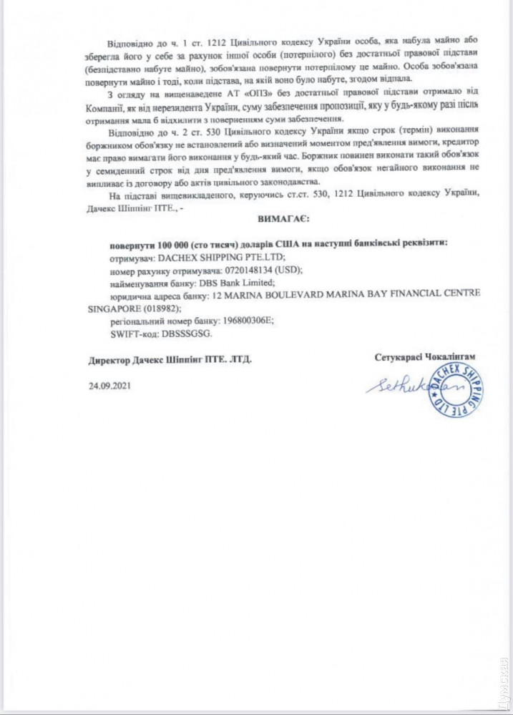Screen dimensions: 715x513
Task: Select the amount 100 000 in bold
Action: click(162, 243)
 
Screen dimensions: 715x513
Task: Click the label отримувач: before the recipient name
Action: click(134, 257)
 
